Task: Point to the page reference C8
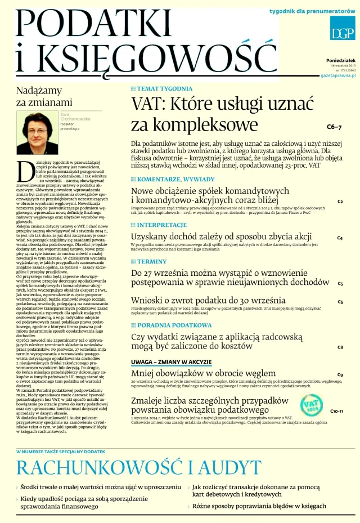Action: pyautogui.click(x=340, y=347)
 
